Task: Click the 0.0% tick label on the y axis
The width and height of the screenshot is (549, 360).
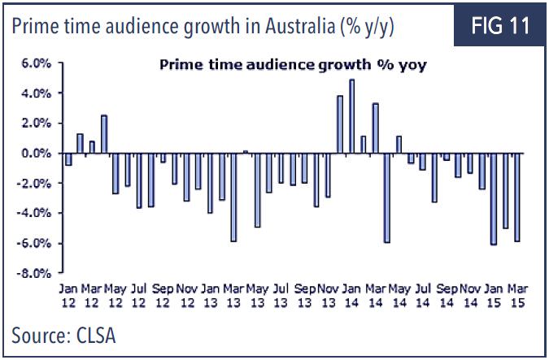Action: [x=38, y=154]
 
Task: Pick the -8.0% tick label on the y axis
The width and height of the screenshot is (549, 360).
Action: [x=37, y=273]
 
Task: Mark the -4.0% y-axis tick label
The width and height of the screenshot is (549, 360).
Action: [x=37, y=214]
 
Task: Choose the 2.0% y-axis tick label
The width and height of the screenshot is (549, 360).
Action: [x=38, y=124]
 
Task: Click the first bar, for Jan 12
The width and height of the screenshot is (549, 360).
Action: [x=68, y=159]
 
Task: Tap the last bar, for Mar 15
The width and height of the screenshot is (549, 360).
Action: [x=516, y=197]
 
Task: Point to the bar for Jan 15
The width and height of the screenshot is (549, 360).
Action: [x=493, y=198]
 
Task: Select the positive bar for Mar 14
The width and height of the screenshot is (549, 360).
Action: [x=375, y=128]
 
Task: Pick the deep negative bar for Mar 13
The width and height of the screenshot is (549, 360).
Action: [x=233, y=197]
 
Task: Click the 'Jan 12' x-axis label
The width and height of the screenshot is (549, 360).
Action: [x=68, y=295]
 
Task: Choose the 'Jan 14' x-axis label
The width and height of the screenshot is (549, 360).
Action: [x=351, y=295]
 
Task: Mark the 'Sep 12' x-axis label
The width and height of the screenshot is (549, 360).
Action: [x=163, y=295]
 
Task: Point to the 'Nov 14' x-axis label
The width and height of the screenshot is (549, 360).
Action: [x=469, y=295]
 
